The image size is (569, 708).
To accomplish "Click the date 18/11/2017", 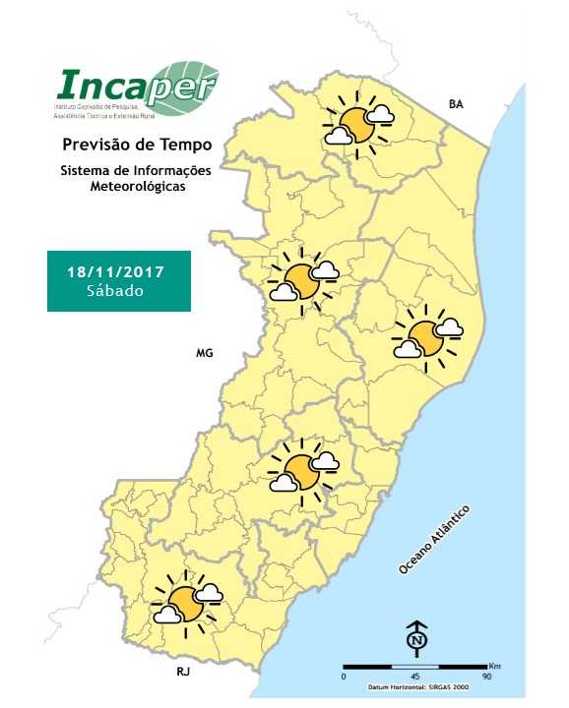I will pos(115,270).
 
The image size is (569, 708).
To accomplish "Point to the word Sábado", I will pos(115,291).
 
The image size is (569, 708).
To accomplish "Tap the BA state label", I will pos(455,103).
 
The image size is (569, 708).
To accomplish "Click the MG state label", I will pos(204,352).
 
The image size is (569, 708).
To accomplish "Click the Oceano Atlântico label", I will pos(434,541).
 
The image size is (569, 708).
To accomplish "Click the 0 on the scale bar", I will pos(344,677).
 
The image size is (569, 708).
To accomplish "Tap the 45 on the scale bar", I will pos(415,677).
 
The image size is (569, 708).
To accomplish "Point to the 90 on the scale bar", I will pos(487,677).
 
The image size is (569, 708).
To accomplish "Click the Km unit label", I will pos(494,666).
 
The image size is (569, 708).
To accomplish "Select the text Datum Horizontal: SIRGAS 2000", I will pos(415,687).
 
